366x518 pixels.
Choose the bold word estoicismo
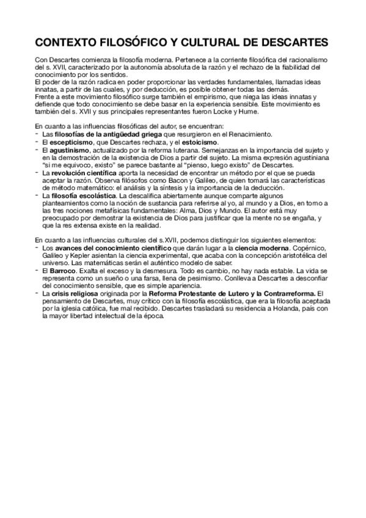coord(199,141)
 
